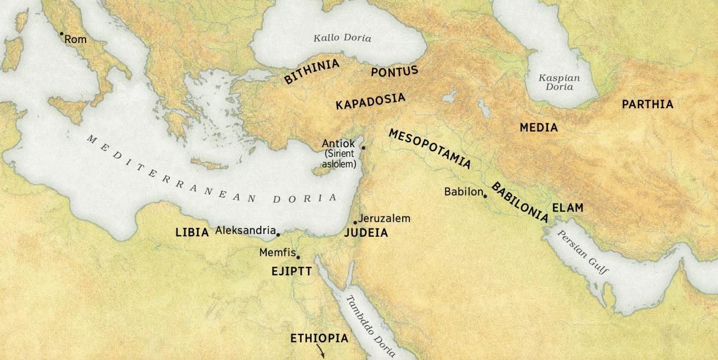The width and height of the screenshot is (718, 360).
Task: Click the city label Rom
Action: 75,39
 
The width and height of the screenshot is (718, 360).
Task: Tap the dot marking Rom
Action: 61,33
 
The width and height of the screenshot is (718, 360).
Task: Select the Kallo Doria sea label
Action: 342,38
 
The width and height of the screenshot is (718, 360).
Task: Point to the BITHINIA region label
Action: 312,71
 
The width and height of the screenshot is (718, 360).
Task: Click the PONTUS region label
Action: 394,72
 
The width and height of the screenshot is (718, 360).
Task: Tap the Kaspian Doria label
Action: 559,83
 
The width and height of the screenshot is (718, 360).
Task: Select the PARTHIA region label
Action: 647,105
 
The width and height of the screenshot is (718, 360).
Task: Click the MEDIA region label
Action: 538,127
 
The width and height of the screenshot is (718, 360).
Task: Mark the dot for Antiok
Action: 363,147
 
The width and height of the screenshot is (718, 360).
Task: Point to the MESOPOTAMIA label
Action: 429,149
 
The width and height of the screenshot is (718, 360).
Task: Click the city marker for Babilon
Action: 485,196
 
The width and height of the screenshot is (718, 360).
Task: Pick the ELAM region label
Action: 567,208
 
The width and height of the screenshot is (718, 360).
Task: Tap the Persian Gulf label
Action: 583,252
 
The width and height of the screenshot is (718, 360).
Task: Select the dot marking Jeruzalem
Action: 355,222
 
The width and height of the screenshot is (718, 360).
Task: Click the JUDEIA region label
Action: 366,233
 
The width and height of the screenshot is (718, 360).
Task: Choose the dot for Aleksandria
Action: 278,234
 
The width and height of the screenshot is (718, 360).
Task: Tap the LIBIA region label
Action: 191,232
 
